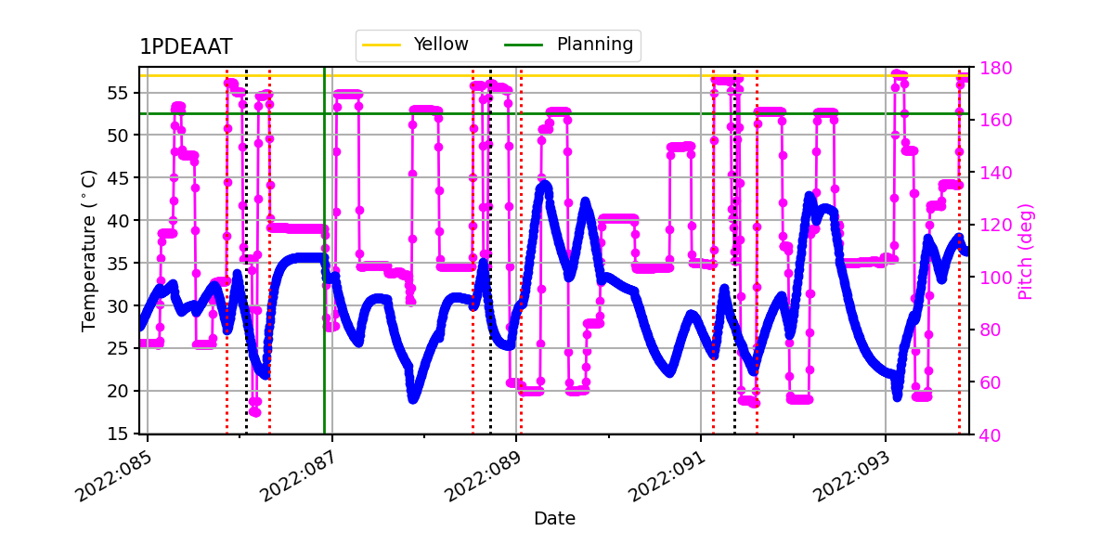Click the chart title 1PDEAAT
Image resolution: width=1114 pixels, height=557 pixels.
click(x=186, y=47)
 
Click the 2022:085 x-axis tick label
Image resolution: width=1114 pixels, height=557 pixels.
click(x=114, y=476)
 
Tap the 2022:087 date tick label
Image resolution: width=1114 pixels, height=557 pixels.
click(x=299, y=476)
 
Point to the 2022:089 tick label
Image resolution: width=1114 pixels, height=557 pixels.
click(x=483, y=476)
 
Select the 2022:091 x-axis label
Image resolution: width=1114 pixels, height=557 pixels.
click(x=667, y=476)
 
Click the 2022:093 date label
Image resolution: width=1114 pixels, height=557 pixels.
click(x=851, y=476)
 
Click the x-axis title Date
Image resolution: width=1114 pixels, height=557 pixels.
click(x=554, y=519)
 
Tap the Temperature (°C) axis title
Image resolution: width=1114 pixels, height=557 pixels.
click(x=89, y=250)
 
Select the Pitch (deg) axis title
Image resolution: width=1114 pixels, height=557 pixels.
click(x=1025, y=251)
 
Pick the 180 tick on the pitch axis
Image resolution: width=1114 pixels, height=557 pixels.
click(x=991, y=68)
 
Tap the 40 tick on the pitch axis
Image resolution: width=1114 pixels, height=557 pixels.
click(x=987, y=434)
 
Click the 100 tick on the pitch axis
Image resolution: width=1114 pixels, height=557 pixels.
click(x=991, y=277)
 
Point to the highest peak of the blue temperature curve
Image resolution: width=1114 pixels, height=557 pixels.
click(x=544, y=185)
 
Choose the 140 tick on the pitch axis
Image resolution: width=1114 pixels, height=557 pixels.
click(x=991, y=173)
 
